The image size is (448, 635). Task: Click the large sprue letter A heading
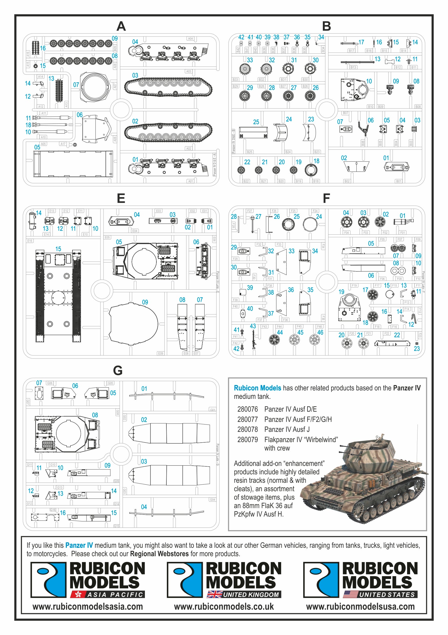(x=121, y=27)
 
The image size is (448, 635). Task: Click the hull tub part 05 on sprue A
(x=73, y=164)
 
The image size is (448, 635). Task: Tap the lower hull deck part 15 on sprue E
(x=58, y=296)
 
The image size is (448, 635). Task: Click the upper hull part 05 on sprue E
(x=145, y=261)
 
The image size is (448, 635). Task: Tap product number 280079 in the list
(x=247, y=440)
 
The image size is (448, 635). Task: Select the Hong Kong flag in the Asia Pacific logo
(x=77, y=594)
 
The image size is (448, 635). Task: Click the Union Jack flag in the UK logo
(x=215, y=594)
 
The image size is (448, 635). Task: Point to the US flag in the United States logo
(x=351, y=594)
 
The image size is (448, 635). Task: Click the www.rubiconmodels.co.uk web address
(x=223, y=607)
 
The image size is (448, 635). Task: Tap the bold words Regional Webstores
(x=159, y=554)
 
